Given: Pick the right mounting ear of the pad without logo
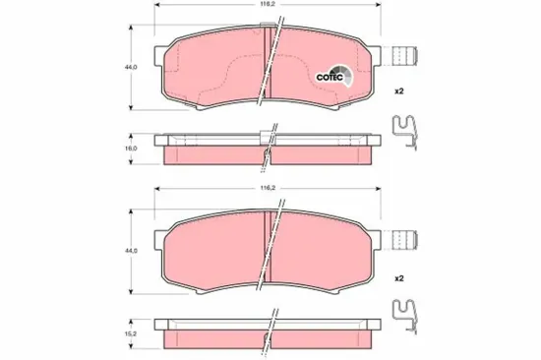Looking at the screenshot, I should click(375, 236).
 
